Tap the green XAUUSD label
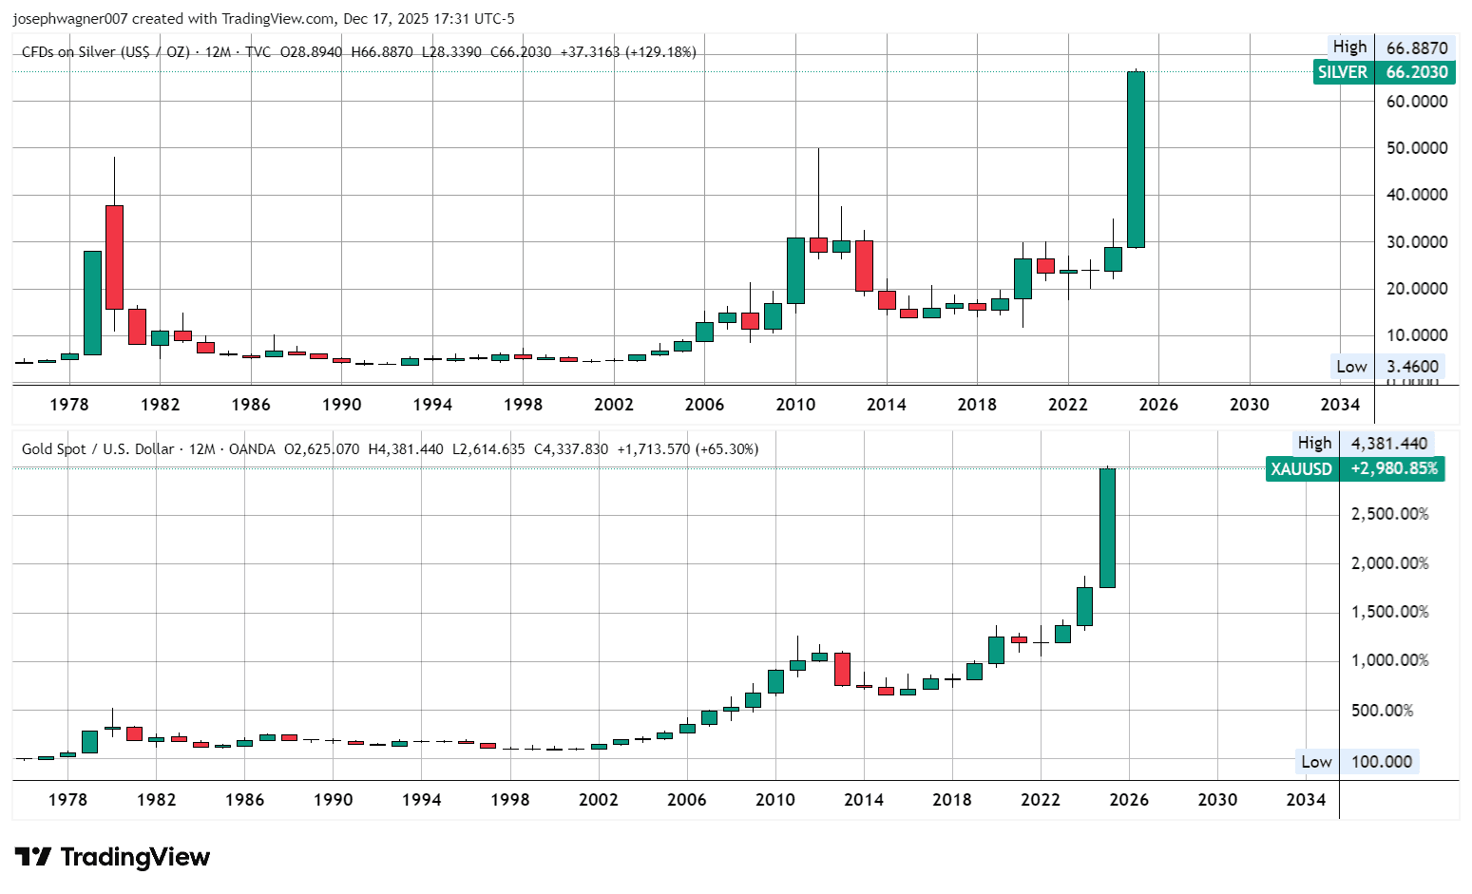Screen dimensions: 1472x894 1355,468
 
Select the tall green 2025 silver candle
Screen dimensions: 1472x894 1136,159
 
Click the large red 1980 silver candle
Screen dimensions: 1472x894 114,257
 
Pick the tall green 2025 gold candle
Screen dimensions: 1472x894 1107,527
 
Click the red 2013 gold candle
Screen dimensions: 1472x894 842,670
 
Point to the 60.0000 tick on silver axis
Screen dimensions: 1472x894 1417,101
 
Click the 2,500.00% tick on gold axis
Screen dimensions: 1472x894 1390,514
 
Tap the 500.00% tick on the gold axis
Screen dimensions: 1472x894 1382,710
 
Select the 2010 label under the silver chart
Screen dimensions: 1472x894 795,404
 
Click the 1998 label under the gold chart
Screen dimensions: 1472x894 510,799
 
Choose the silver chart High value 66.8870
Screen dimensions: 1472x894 1417,48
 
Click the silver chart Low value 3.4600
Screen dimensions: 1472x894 1412,366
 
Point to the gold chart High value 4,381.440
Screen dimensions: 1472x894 1388,444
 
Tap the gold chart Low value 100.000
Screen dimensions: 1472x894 1382,761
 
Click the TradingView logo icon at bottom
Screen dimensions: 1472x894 33,857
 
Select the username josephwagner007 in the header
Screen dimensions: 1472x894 70,18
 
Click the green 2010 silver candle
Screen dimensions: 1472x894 795,271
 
